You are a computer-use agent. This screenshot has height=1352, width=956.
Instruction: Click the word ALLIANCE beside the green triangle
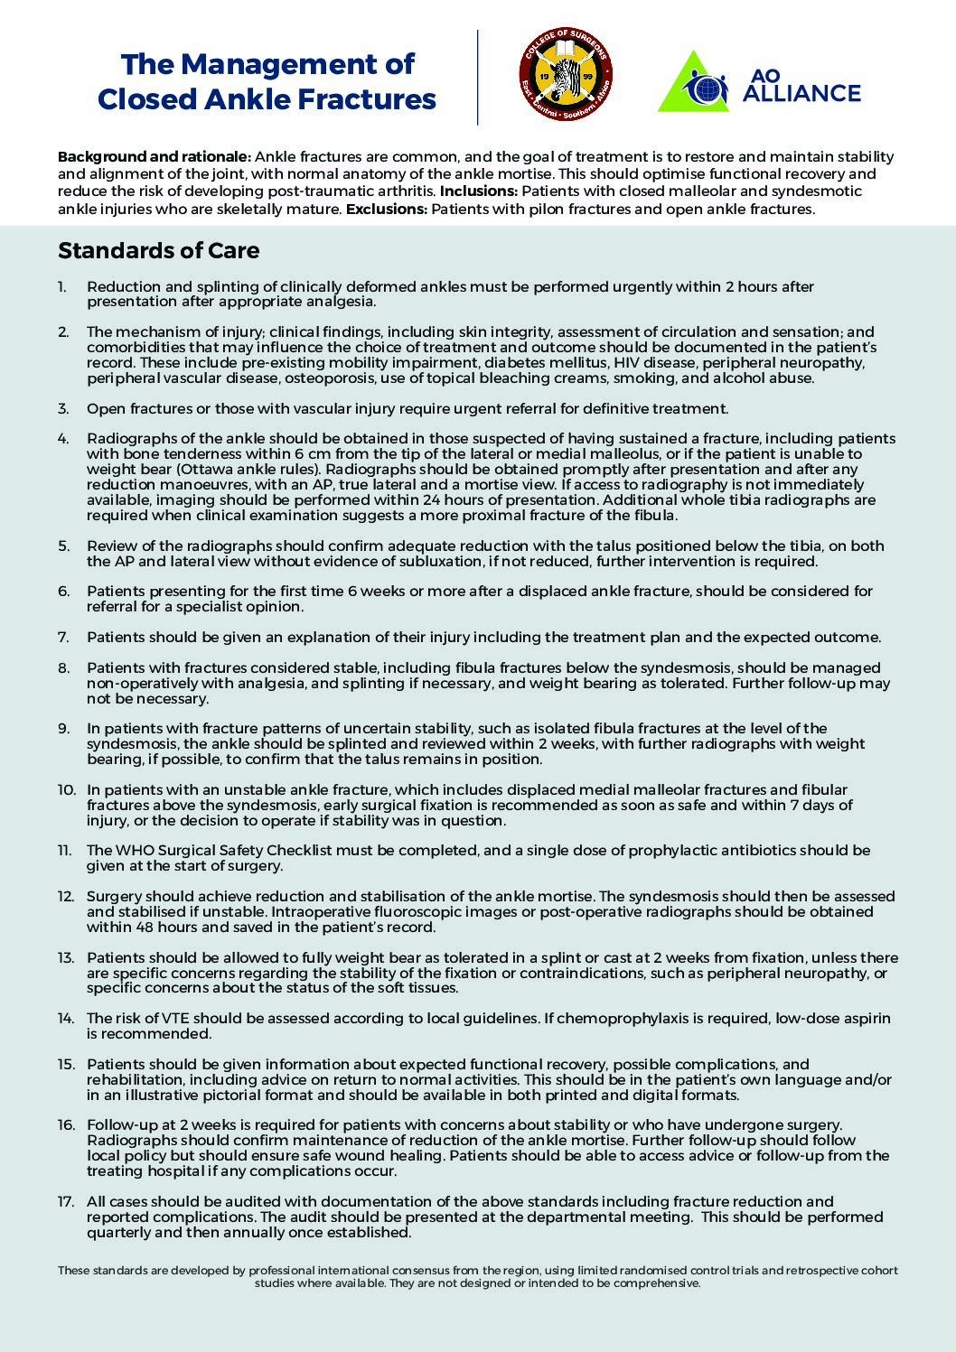tap(801, 94)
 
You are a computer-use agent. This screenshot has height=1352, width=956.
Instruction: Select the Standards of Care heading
tap(158, 250)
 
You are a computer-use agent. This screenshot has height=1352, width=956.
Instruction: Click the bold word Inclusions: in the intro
tap(479, 191)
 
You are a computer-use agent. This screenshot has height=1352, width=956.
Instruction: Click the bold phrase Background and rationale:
tap(155, 157)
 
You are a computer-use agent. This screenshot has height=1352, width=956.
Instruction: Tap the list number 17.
tap(66, 1201)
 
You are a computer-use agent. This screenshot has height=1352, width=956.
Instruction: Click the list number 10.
tap(66, 789)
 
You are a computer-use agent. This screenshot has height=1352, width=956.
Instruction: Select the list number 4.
tap(63, 438)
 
